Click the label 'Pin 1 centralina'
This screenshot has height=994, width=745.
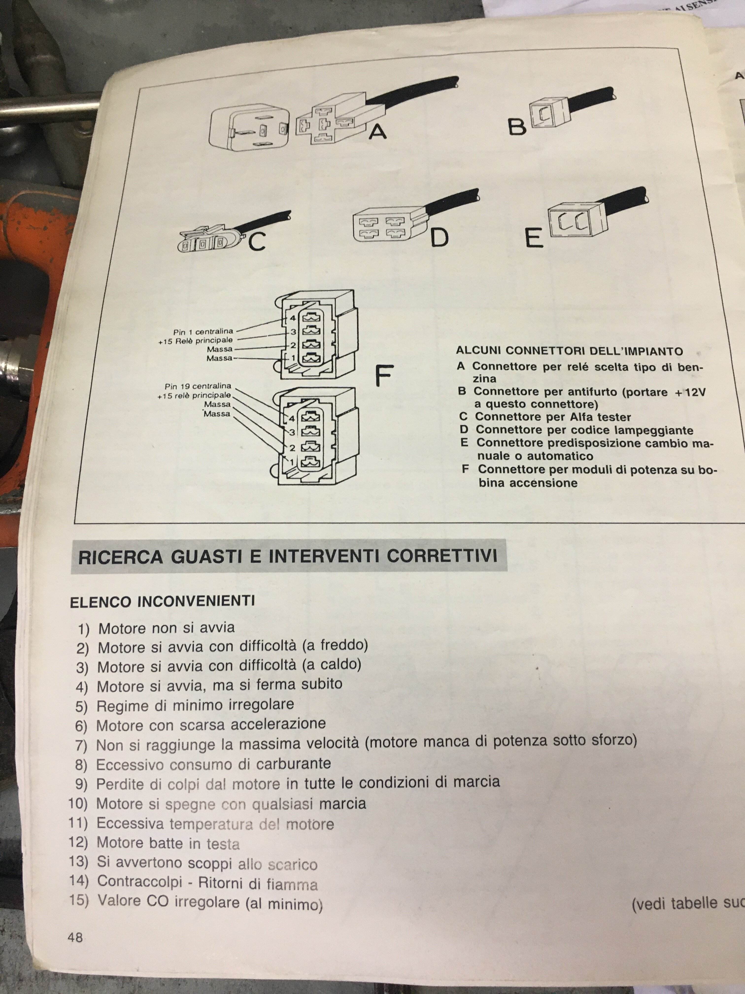tap(203, 332)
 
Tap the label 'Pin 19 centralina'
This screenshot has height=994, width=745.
tap(198, 386)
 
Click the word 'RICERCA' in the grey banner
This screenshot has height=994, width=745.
tap(120, 557)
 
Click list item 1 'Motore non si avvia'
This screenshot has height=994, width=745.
tap(156, 628)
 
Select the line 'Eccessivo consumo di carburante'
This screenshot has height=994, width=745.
tap(203, 764)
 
